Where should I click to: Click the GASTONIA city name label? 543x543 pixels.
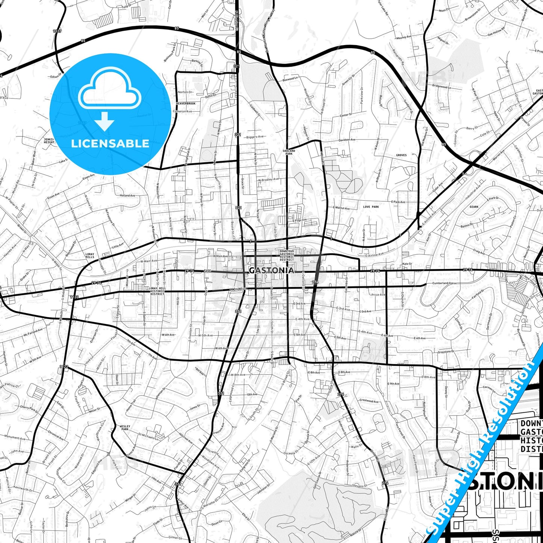point(271,271)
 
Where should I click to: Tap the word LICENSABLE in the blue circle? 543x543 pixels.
point(110,144)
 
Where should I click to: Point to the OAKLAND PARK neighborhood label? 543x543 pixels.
point(289,152)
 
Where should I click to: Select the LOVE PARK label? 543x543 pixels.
point(371,207)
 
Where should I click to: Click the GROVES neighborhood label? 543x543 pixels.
point(401,155)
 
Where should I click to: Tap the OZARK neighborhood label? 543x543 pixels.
point(474,207)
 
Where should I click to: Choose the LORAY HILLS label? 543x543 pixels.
point(90,256)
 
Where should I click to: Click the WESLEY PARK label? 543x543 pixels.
point(125,428)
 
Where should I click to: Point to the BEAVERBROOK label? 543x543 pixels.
point(186,103)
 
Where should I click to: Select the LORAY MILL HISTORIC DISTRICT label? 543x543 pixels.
point(157,291)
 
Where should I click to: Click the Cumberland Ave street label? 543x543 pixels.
point(443,283)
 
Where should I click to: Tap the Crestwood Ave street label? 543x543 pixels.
point(369,401)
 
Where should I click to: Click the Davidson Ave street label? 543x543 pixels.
point(347,140)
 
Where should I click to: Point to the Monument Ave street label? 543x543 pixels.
point(15,438)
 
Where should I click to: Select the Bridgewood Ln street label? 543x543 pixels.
point(442,86)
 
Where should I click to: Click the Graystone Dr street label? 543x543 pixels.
point(446,352)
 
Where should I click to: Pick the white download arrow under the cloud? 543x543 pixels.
point(105,121)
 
